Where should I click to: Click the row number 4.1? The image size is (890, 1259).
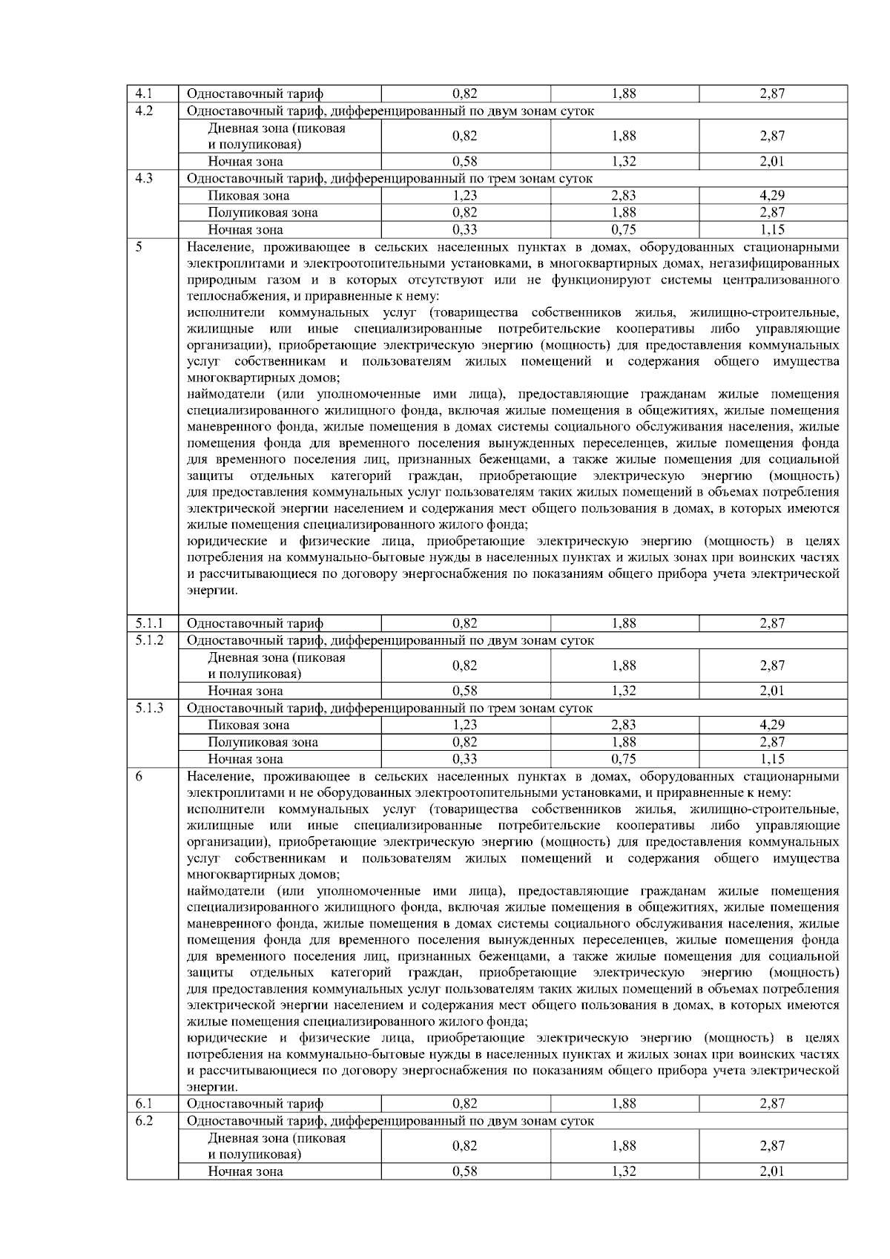click(x=144, y=93)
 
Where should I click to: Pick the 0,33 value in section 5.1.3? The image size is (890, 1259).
click(x=465, y=759)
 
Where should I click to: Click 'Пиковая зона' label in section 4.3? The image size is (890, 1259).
click(x=248, y=196)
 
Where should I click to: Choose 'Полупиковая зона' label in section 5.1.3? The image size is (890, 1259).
click(x=263, y=742)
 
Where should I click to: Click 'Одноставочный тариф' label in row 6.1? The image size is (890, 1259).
click(x=255, y=1104)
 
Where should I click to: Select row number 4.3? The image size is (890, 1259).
click(x=144, y=179)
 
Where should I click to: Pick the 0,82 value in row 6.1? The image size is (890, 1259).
click(x=465, y=1104)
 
